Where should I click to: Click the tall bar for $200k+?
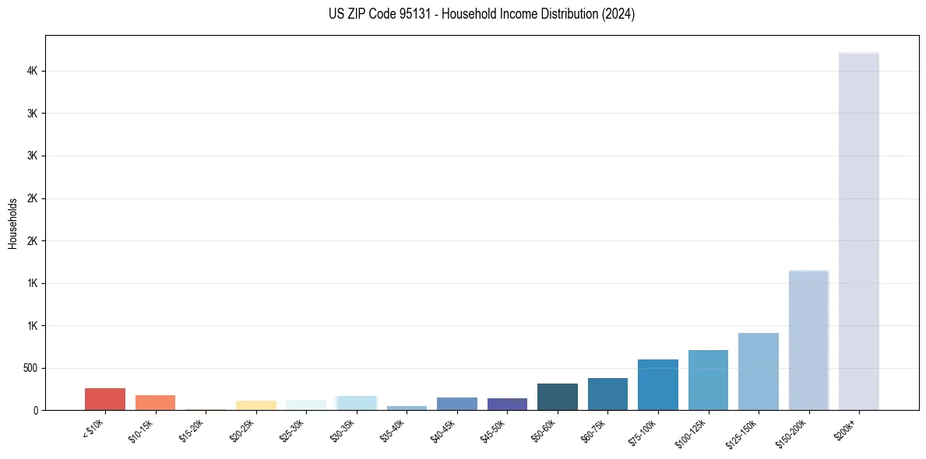858,233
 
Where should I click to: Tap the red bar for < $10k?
105,399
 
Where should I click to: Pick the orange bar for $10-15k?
155,402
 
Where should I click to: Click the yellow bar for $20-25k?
255,405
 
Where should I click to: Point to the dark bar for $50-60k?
557,397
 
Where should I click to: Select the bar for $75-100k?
657,385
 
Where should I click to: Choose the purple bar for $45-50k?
507,404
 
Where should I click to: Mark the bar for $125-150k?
758,372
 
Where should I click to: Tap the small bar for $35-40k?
407,408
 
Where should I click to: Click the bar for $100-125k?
708,380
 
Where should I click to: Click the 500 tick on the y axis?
31,368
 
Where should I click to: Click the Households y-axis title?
12,223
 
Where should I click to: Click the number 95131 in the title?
402,14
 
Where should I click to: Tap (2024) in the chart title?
618,14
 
